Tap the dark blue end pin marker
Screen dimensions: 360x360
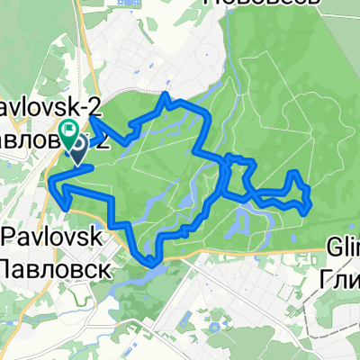pyautogui.click(x=78, y=146)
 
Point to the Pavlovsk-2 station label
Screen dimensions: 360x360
pyautogui.click(x=50, y=107)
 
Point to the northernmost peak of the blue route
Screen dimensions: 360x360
pyautogui.click(x=166, y=94)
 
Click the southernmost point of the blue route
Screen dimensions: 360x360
pyautogui.click(x=149, y=264)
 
